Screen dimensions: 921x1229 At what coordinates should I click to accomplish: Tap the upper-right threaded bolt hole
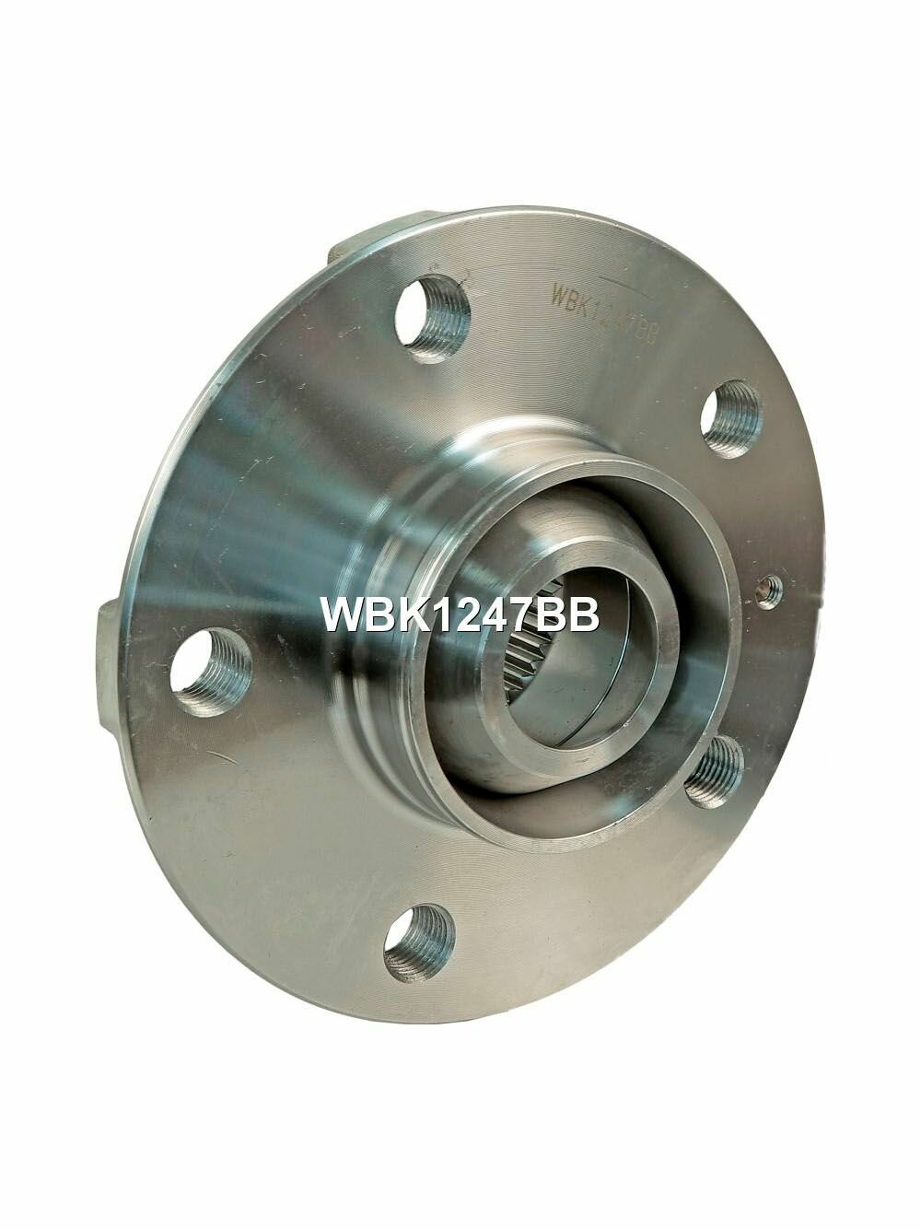coord(730,419)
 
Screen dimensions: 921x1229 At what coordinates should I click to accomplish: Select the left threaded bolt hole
coord(211,672)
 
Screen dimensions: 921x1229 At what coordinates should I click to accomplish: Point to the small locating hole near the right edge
coord(768,591)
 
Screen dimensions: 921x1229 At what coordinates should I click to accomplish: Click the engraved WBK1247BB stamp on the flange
coord(603,315)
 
